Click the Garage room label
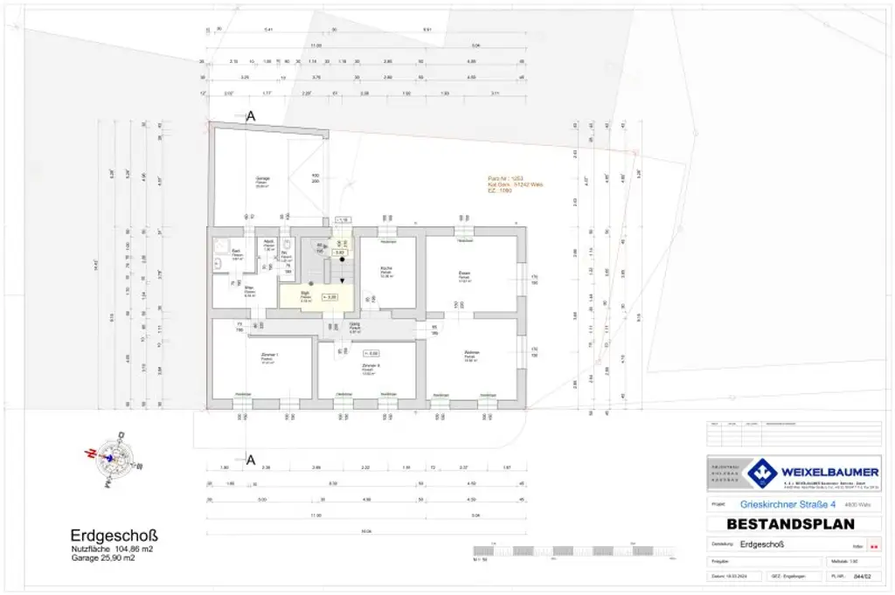point(261,179)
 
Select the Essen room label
point(464,274)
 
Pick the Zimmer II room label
point(370,364)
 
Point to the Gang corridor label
point(355,326)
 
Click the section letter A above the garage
point(251,115)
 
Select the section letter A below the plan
point(251,460)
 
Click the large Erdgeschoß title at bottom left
point(114,535)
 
